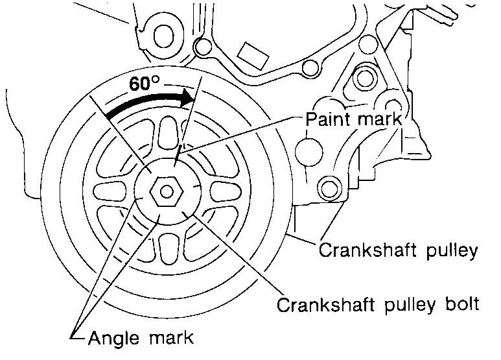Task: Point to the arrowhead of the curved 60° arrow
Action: tap(189, 98)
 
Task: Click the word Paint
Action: tap(327, 119)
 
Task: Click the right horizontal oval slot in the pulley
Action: tap(222, 191)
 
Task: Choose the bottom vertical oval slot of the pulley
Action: tap(167, 247)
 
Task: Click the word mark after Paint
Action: tap(379, 119)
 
